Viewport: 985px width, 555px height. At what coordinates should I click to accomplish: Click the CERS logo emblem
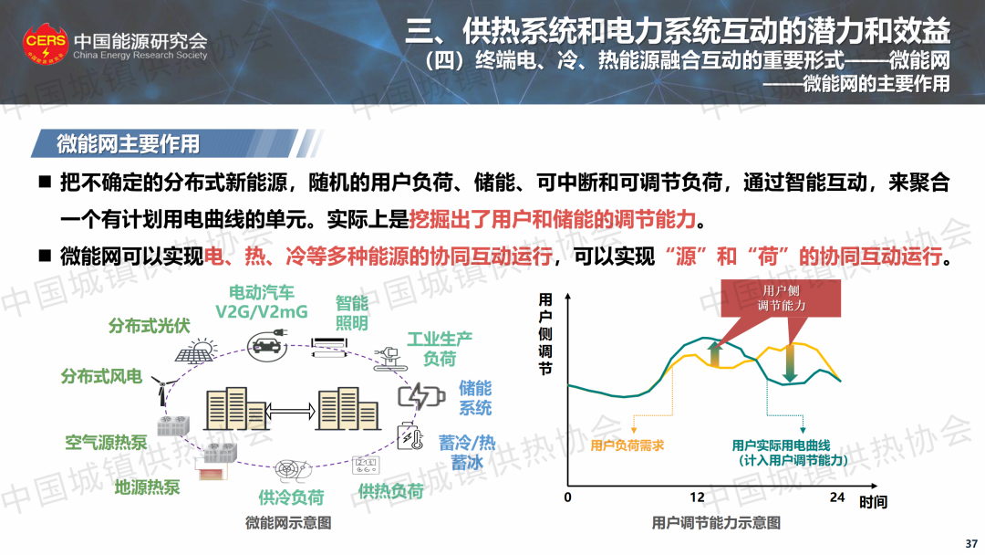point(46,43)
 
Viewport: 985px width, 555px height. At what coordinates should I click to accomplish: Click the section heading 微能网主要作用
point(129,144)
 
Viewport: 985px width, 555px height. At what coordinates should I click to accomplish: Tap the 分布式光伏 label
point(149,326)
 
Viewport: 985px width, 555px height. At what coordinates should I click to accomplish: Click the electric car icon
point(267,344)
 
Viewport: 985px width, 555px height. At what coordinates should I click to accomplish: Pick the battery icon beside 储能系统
point(421,396)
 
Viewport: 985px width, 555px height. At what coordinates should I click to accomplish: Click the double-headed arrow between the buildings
point(290,412)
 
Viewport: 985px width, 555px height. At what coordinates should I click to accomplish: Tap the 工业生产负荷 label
point(439,349)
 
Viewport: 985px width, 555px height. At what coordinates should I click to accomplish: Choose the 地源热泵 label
point(147,487)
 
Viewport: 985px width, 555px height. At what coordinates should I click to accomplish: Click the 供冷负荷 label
point(291,497)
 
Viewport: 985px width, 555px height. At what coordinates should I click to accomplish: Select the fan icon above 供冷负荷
point(293,470)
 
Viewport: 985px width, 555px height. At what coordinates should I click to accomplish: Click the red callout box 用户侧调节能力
point(781,298)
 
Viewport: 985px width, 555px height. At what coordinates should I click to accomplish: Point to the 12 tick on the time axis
point(697,497)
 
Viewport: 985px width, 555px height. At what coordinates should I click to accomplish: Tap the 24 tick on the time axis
point(836,497)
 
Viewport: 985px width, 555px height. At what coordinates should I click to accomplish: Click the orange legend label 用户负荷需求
point(627,445)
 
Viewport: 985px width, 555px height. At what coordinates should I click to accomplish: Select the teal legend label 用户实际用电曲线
point(781,445)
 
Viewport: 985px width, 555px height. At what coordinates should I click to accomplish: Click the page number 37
point(971,544)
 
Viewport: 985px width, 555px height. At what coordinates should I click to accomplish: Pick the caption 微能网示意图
point(288,523)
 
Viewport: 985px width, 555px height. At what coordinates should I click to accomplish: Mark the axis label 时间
point(873,502)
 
